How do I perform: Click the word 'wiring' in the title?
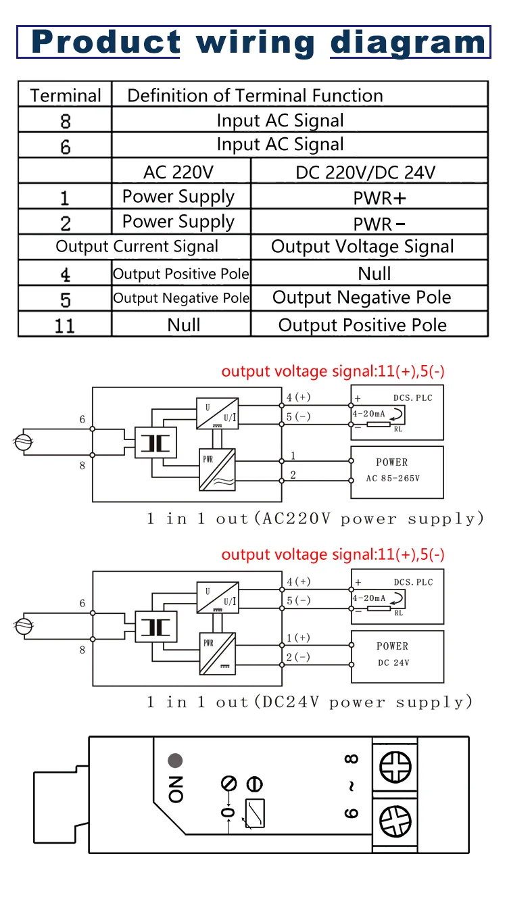tap(256, 43)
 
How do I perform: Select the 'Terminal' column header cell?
tap(65, 95)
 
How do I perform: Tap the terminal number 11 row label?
tap(65, 325)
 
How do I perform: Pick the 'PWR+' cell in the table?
tap(369, 197)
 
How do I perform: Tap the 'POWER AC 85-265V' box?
tap(397, 473)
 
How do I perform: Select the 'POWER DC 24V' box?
tap(397, 656)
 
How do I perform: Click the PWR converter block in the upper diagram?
tap(217, 470)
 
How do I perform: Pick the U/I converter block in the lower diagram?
tap(218, 598)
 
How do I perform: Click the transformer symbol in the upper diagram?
tap(156, 443)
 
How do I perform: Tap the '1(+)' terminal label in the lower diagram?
tap(298, 638)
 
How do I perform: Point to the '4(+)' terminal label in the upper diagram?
tap(298, 397)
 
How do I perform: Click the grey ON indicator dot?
tap(175, 760)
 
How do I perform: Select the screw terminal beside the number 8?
tap(395, 767)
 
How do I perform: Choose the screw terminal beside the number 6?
tap(395, 821)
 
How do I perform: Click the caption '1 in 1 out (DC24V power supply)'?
tap(310, 702)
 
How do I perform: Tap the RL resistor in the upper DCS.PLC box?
tap(379, 425)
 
